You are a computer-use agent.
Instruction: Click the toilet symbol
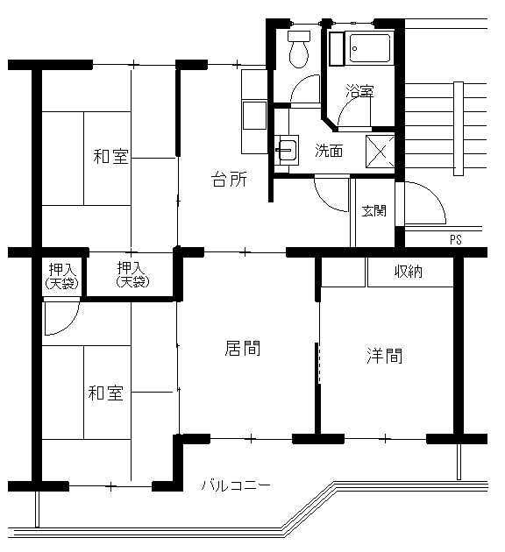tap(299, 49)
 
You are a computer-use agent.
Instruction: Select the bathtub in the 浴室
tap(370, 48)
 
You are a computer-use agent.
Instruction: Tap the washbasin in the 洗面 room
tap(288, 150)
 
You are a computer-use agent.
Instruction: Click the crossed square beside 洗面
tap(380, 152)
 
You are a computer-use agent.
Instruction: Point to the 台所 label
tap(229, 180)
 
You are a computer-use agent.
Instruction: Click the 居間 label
tap(243, 348)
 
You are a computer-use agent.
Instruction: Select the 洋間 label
tap(385, 356)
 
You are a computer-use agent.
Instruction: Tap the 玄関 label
tap(374, 211)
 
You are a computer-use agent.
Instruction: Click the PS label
tap(455, 240)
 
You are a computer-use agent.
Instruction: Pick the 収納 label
tap(409, 272)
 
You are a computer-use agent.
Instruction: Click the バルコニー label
tap(236, 485)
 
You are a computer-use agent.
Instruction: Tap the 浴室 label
tap(359, 91)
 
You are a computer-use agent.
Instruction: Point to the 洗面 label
tap(329, 151)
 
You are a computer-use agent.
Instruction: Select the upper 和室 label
tap(111, 156)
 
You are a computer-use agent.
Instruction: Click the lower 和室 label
tap(106, 393)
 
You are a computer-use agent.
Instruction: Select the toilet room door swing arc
tap(302, 84)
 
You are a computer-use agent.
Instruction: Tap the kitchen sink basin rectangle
tap(254, 115)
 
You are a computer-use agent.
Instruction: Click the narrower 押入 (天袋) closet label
tap(62, 276)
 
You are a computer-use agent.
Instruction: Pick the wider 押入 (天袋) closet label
tap(132, 274)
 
